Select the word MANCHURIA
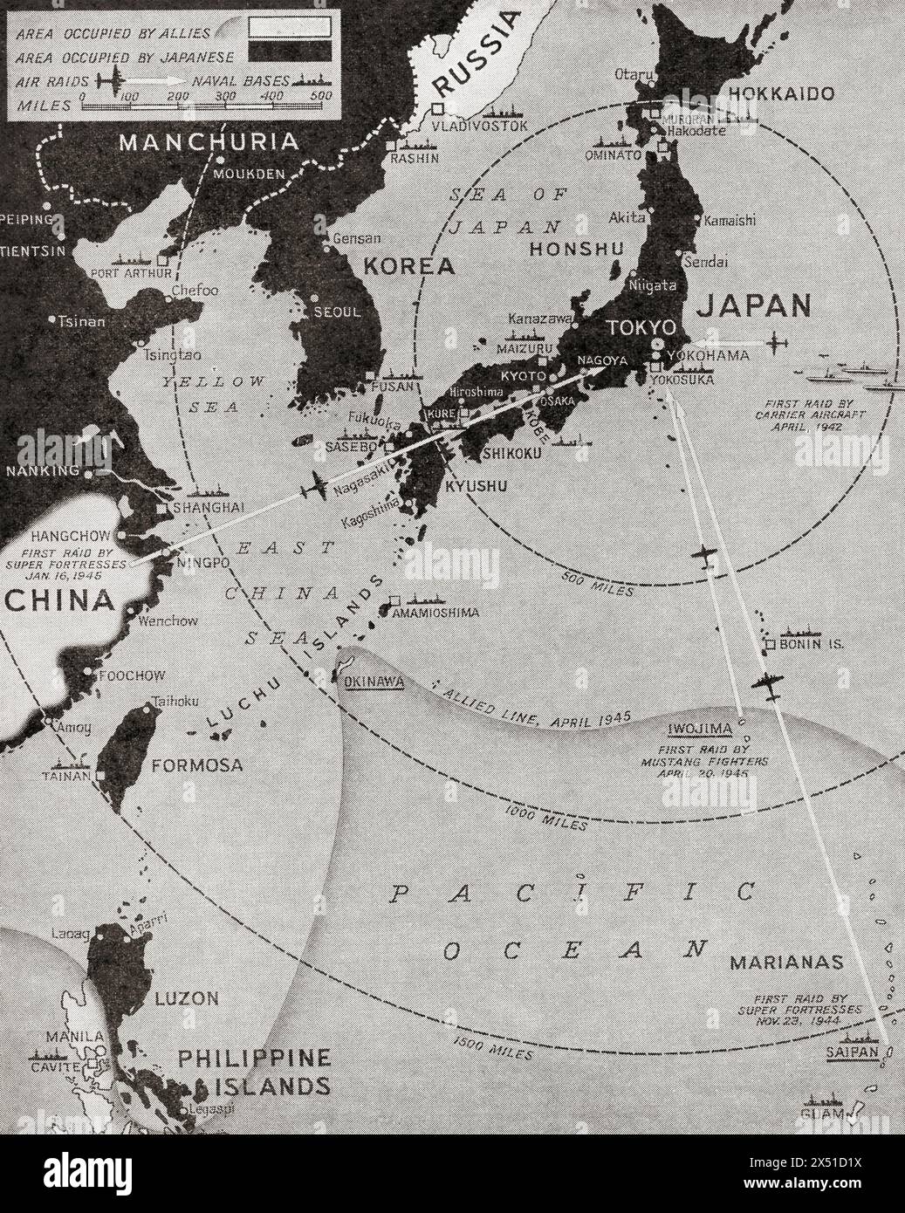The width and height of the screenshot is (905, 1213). click(209, 141)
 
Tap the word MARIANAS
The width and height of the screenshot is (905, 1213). click(787, 963)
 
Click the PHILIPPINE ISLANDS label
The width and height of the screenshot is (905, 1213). click(253, 1073)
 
